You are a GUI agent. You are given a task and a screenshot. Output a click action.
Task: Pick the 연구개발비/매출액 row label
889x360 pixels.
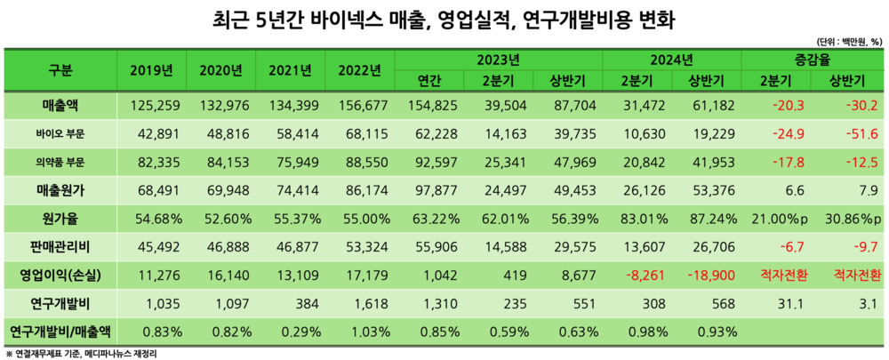tap(61, 332)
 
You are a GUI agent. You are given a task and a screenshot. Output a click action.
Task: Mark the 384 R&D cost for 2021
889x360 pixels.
tap(292, 303)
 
